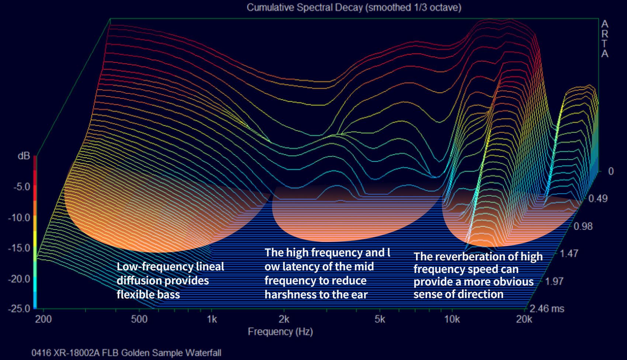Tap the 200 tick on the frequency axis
click(44, 319)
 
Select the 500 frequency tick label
click(139, 319)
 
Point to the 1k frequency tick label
click(212, 319)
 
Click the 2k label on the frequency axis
click(284, 319)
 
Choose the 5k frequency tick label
click(380, 319)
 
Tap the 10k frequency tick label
click(452, 319)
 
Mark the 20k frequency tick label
click(524, 319)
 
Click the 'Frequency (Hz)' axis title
click(280, 332)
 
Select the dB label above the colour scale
click(24, 156)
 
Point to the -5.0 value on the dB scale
click(21, 186)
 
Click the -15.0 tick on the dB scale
click(19, 248)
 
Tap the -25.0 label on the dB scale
click(19, 308)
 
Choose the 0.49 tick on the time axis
click(598, 198)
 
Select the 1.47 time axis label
click(569, 254)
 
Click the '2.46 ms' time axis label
click(547, 308)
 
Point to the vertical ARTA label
click(605, 39)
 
